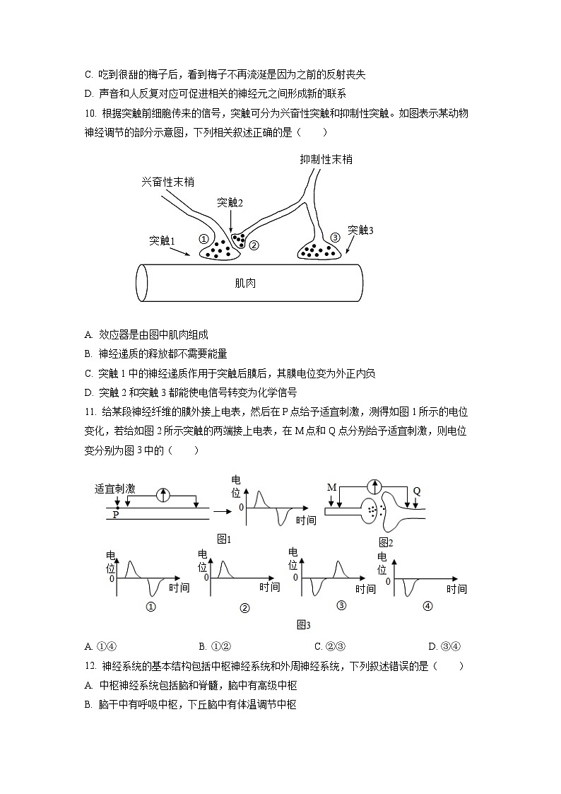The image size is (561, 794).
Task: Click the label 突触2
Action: click(x=230, y=202)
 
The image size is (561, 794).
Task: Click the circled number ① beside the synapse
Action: click(x=203, y=239)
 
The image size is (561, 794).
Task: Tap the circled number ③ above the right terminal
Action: click(x=335, y=237)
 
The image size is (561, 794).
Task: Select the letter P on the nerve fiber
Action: click(x=116, y=515)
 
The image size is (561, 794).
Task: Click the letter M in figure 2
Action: click(x=331, y=487)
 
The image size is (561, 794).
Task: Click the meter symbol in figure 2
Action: click(x=375, y=486)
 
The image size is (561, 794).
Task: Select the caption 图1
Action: click(x=225, y=539)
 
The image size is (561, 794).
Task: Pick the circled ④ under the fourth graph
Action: click(x=427, y=606)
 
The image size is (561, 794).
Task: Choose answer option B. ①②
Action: click(x=213, y=646)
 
